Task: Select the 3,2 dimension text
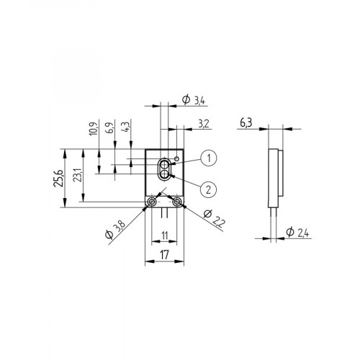point(203,125)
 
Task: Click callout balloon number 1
point(208,158)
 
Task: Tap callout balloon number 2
point(208,189)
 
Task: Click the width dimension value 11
point(164,235)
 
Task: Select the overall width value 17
point(164,254)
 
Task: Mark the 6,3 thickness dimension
point(246,125)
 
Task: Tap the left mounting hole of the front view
point(151,204)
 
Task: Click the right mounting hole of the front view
point(177,204)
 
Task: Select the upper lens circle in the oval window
point(165,165)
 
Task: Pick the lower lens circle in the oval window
point(165,174)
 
